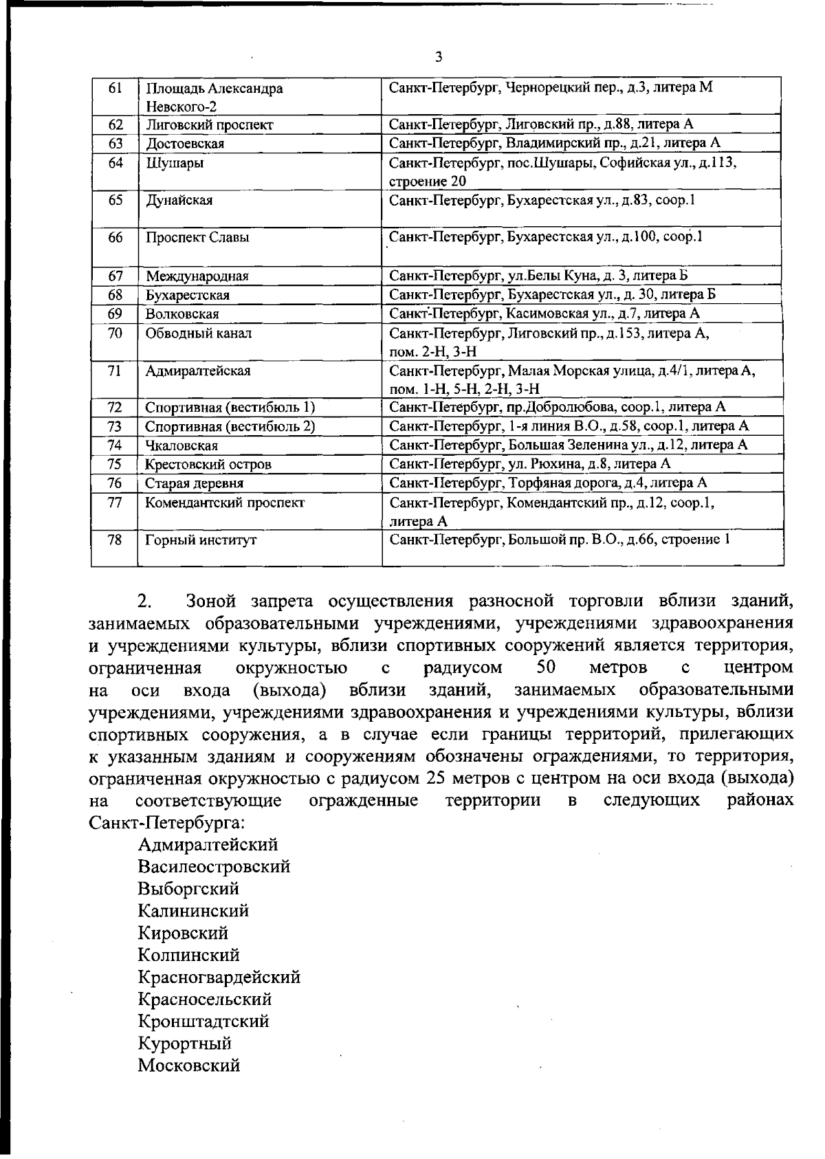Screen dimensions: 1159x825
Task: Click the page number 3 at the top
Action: [x=439, y=57]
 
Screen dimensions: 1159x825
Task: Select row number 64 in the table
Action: [x=115, y=163]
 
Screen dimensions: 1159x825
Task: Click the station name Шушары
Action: [x=175, y=164]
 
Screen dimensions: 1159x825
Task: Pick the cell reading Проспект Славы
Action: [x=197, y=238]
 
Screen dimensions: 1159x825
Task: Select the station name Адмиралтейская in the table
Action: [x=198, y=371]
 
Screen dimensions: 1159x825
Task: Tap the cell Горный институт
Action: [x=201, y=540]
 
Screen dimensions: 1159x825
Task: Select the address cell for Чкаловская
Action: [x=568, y=445]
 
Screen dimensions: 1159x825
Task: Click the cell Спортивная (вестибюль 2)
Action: [x=230, y=426]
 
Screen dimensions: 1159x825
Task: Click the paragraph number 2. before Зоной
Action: [x=144, y=601]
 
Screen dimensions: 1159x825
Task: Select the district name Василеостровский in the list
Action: [x=214, y=866]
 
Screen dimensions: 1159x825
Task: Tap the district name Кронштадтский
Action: [x=203, y=1021]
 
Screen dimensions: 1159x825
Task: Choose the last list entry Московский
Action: [x=189, y=1066]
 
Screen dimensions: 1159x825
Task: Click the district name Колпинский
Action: [x=189, y=955]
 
